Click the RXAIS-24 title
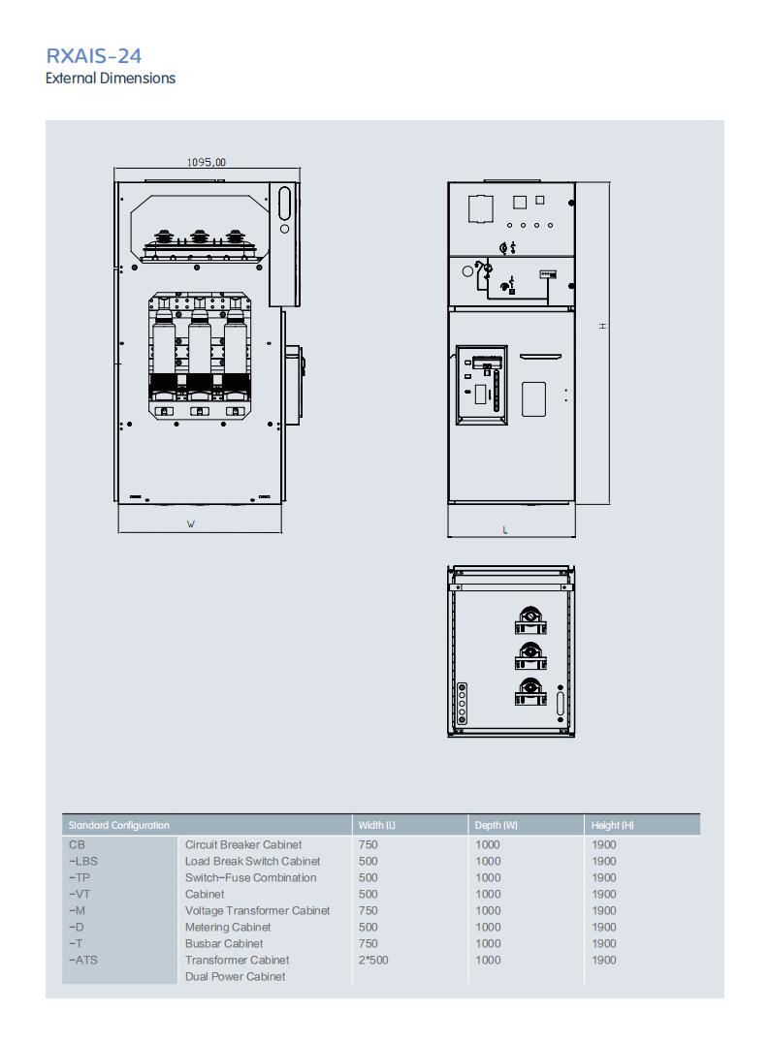click(x=93, y=56)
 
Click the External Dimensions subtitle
click(x=111, y=78)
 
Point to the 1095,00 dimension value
click(x=207, y=162)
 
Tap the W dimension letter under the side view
click(x=191, y=524)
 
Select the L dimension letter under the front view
click(x=505, y=530)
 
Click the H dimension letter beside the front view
click(x=603, y=326)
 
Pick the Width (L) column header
click(x=377, y=825)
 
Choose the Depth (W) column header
click(x=497, y=825)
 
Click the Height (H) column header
click(x=613, y=825)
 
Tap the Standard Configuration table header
click(x=119, y=825)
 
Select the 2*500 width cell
click(x=373, y=960)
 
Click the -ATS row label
click(x=83, y=960)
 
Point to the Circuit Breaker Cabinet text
click(x=243, y=844)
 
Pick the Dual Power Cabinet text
click(x=235, y=977)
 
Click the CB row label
click(x=77, y=844)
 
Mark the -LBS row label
click(x=83, y=861)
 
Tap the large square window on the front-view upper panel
click(x=481, y=208)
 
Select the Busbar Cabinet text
click(x=224, y=943)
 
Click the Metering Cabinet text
click(x=228, y=927)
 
